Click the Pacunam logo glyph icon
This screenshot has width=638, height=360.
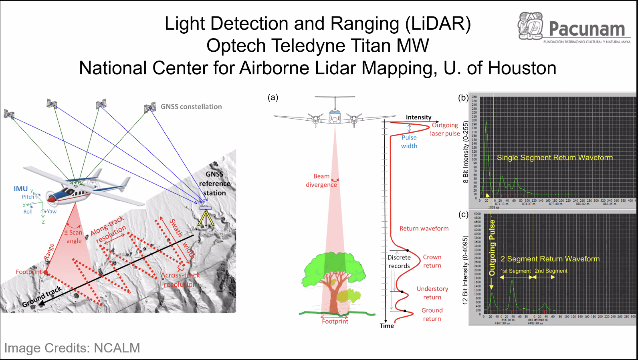tap(531, 26)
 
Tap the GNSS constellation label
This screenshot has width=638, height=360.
tap(191, 107)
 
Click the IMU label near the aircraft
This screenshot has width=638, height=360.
tap(21, 189)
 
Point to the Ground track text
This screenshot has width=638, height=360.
tap(42, 297)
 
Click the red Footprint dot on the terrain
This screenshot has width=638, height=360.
tap(46, 272)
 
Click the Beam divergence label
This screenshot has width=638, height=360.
tap(321, 180)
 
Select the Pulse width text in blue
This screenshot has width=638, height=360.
tap(409, 142)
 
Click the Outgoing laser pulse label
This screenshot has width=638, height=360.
tap(445, 129)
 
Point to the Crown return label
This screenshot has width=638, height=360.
tap(432, 261)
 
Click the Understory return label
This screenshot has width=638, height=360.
tap(432, 293)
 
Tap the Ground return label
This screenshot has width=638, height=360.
tap(432, 314)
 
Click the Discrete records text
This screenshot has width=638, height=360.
tap(399, 261)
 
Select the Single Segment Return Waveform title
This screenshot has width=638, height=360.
tap(555, 158)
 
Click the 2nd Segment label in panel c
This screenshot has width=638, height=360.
tap(551, 271)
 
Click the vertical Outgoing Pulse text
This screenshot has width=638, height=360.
tap(492, 247)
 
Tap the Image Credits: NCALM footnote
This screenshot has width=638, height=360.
tap(72, 348)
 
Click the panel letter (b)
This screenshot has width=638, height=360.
tap(463, 97)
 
